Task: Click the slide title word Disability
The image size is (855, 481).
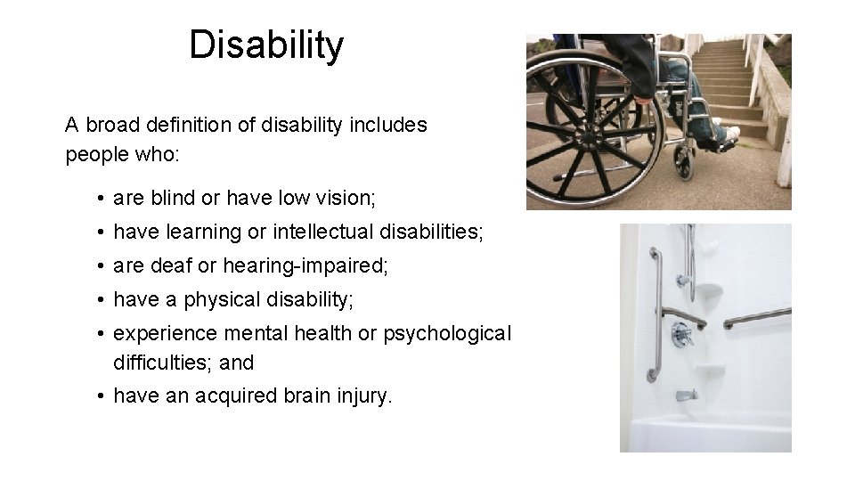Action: click(265, 45)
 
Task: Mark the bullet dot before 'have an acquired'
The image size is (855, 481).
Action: click(103, 396)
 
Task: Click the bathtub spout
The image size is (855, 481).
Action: click(684, 395)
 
